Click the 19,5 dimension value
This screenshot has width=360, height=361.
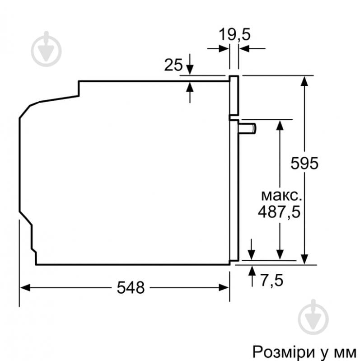pyautogui.click(x=234, y=34)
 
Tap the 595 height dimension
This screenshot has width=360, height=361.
pyautogui.click(x=304, y=163)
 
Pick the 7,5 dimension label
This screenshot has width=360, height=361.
pyautogui.click(x=271, y=280)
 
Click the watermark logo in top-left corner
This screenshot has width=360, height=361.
pyautogui.click(x=46, y=50)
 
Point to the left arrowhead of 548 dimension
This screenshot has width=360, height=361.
pyautogui.click(x=25, y=287)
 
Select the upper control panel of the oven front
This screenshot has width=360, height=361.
pyautogui.click(x=234, y=95)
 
